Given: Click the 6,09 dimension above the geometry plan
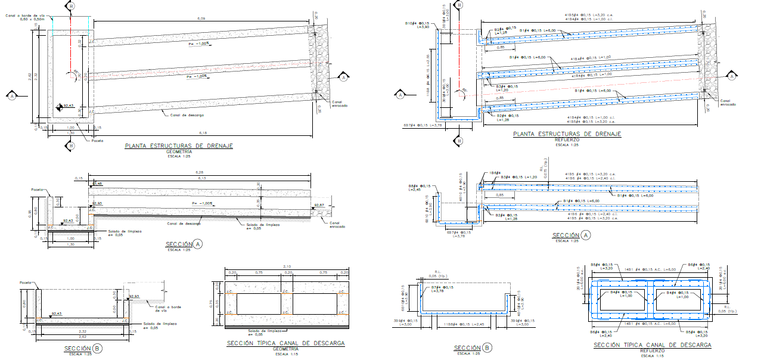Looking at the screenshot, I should [201, 19].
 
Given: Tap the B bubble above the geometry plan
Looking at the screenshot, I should [71, 5].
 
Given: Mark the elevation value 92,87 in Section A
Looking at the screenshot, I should [319, 205].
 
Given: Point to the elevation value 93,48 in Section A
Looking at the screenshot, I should [97, 183].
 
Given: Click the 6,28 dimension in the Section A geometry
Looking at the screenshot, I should [200, 173].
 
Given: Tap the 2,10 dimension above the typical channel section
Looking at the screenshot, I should [286, 266].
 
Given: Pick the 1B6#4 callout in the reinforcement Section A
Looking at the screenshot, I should [494, 173].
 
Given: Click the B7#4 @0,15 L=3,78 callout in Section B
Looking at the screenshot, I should [443, 288].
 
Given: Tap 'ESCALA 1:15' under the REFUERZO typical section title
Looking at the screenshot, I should [652, 356].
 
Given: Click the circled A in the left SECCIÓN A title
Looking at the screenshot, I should [198, 244].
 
